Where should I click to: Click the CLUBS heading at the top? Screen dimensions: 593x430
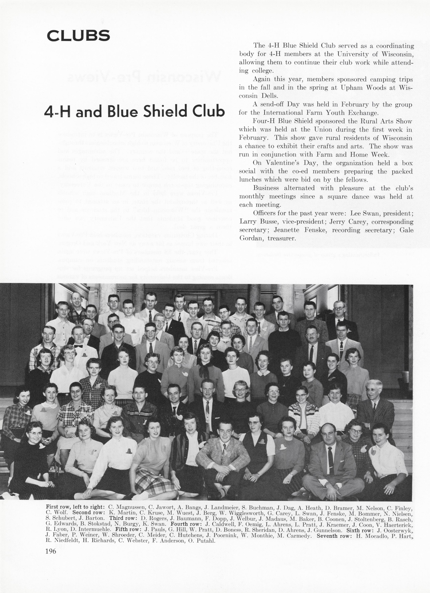tap(78, 36)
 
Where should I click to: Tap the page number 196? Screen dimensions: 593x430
tap(51, 551)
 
